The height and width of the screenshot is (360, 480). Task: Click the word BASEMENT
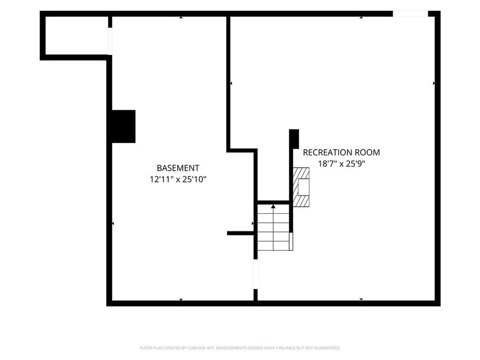click(178, 168)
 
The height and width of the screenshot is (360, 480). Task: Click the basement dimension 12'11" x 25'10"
click(178, 179)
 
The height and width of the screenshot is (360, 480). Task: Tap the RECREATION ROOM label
click(341, 153)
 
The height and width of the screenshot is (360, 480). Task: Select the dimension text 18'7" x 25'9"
click(342, 164)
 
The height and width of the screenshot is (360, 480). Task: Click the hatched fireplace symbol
click(301, 187)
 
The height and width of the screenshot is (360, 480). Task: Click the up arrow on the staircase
click(273, 207)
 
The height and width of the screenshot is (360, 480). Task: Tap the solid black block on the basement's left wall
click(123, 126)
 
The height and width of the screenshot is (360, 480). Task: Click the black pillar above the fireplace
click(294, 139)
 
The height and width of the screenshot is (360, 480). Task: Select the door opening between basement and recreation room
click(256, 274)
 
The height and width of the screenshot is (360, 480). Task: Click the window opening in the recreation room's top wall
click(410, 14)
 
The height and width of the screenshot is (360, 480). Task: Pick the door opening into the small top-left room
click(110, 41)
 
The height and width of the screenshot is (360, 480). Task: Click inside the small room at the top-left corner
click(77, 35)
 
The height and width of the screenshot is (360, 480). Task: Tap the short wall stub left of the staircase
click(241, 233)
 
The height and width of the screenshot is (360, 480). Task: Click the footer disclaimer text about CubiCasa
click(240, 348)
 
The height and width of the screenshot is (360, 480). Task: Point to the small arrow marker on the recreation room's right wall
click(434, 83)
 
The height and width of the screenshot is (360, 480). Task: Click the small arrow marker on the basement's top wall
click(181, 18)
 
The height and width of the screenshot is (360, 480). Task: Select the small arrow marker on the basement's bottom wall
click(181, 299)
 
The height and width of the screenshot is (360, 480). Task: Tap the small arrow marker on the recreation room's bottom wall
click(361, 299)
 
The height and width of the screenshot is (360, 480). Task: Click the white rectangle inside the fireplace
click(303, 187)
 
